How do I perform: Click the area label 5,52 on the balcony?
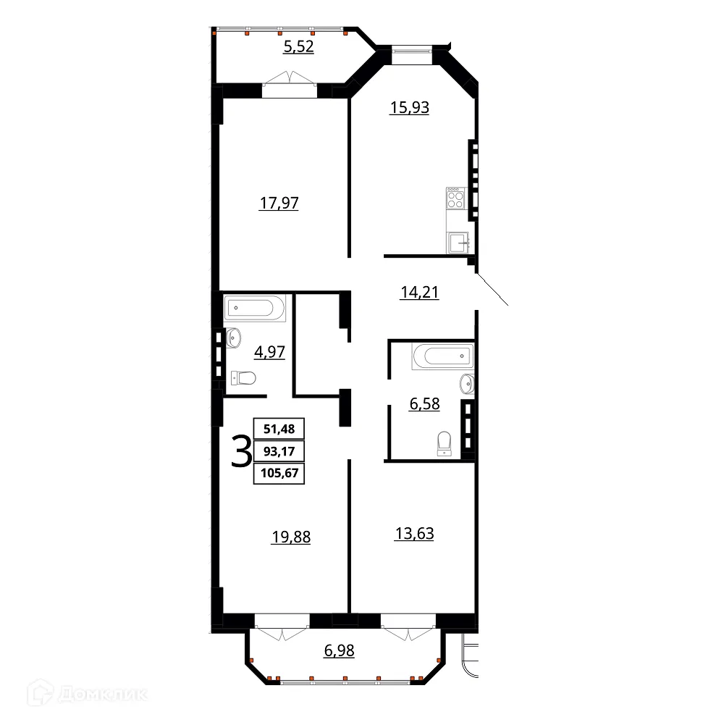click(x=299, y=49)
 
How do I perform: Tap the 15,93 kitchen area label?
click(x=409, y=108)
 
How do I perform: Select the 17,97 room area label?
click(x=279, y=204)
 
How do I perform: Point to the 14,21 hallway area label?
click(x=420, y=293)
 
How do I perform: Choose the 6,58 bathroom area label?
click(x=425, y=404)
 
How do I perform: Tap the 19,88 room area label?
click(x=290, y=537)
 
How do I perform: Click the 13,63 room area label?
click(x=414, y=534)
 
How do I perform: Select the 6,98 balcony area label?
click(x=339, y=650)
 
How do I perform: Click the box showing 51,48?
click(x=279, y=428)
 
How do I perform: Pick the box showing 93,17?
click(x=279, y=451)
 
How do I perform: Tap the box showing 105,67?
click(x=279, y=474)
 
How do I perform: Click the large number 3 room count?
click(x=240, y=451)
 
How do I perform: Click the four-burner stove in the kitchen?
click(x=455, y=198)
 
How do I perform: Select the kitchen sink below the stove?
click(x=458, y=243)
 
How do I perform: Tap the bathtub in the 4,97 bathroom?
click(x=251, y=309)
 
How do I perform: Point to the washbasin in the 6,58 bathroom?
click(x=466, y=382)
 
